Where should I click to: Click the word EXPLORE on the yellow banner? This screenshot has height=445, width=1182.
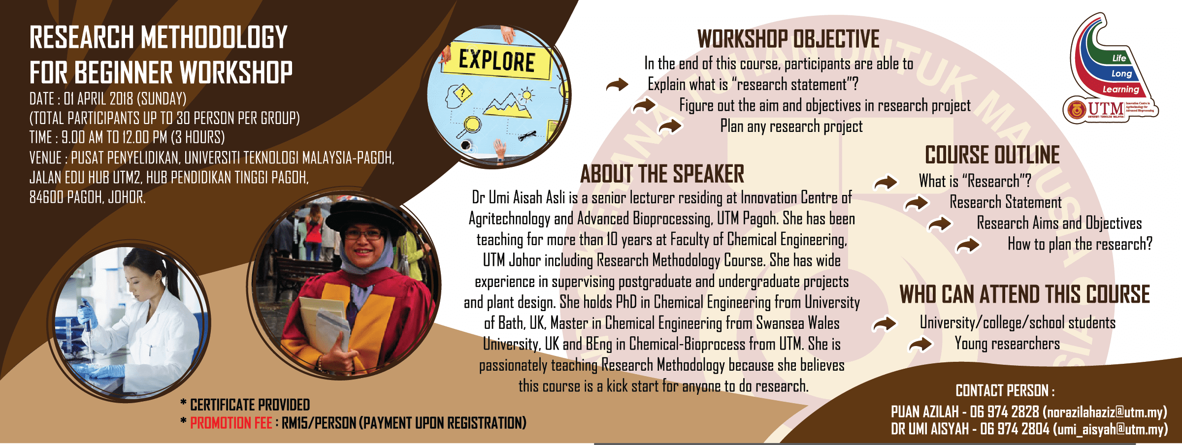click(496, 61)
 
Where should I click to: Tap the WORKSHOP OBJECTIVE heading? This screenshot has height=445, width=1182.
click(788, 39)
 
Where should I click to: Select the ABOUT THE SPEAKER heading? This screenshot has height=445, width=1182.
click(662, 174)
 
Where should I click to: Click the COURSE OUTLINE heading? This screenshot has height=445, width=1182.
click(992, 155)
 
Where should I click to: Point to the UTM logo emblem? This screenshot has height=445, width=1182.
click(1076, 109)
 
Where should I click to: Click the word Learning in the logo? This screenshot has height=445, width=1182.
click(1120, 90)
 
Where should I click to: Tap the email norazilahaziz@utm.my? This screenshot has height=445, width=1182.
click(1105, 412)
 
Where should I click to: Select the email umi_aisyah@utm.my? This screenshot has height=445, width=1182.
click(1110, 429)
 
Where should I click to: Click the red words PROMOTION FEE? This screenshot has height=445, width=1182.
click(231, 423)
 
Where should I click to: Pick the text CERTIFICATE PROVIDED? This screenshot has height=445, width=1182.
click(250, 405)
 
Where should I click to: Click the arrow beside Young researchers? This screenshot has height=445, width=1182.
click(920, 344)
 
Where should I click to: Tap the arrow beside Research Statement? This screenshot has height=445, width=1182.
click(916, 202)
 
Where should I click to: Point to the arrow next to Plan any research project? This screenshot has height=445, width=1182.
click(670, 126)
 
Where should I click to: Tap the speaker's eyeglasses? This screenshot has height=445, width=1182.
click(363, 234)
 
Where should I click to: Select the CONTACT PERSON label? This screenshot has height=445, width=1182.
click(1005, 391)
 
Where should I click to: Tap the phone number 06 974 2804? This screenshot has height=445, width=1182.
click(1015, 429)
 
